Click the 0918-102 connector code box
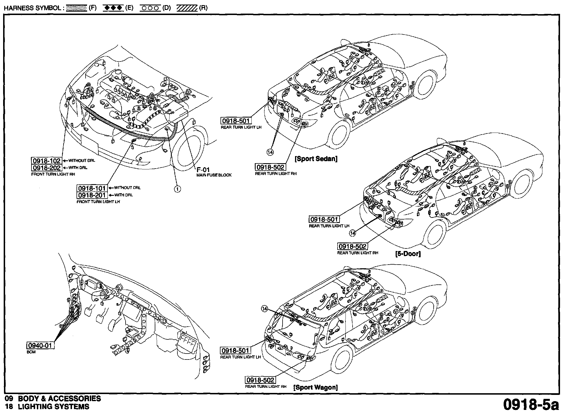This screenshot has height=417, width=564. click(x=46, y=161)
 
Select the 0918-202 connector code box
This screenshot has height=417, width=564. click(x=46, y=167)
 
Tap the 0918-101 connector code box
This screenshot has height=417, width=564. click(x=92, y=188)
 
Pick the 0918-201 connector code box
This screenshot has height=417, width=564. click(x=92, y=195)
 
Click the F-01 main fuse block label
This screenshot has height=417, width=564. click(x=203, y=170)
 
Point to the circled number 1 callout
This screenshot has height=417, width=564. click(x=177, y=189)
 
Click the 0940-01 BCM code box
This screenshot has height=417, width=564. click(x=40, y=345)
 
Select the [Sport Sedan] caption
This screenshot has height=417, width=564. click(x=316, y=159)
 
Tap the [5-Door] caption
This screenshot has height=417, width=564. click(x=408, y=254)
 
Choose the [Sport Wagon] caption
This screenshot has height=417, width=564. click(x=315, y=387)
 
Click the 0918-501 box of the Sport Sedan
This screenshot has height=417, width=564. click(x=236, y=121)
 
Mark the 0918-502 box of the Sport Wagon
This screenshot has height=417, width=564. click(x=260, y=380)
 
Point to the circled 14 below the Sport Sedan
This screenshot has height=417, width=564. click(x=270, y=152)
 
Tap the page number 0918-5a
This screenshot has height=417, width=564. click(x=531, y=405)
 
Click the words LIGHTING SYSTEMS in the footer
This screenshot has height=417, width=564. click(x=54, y=407)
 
